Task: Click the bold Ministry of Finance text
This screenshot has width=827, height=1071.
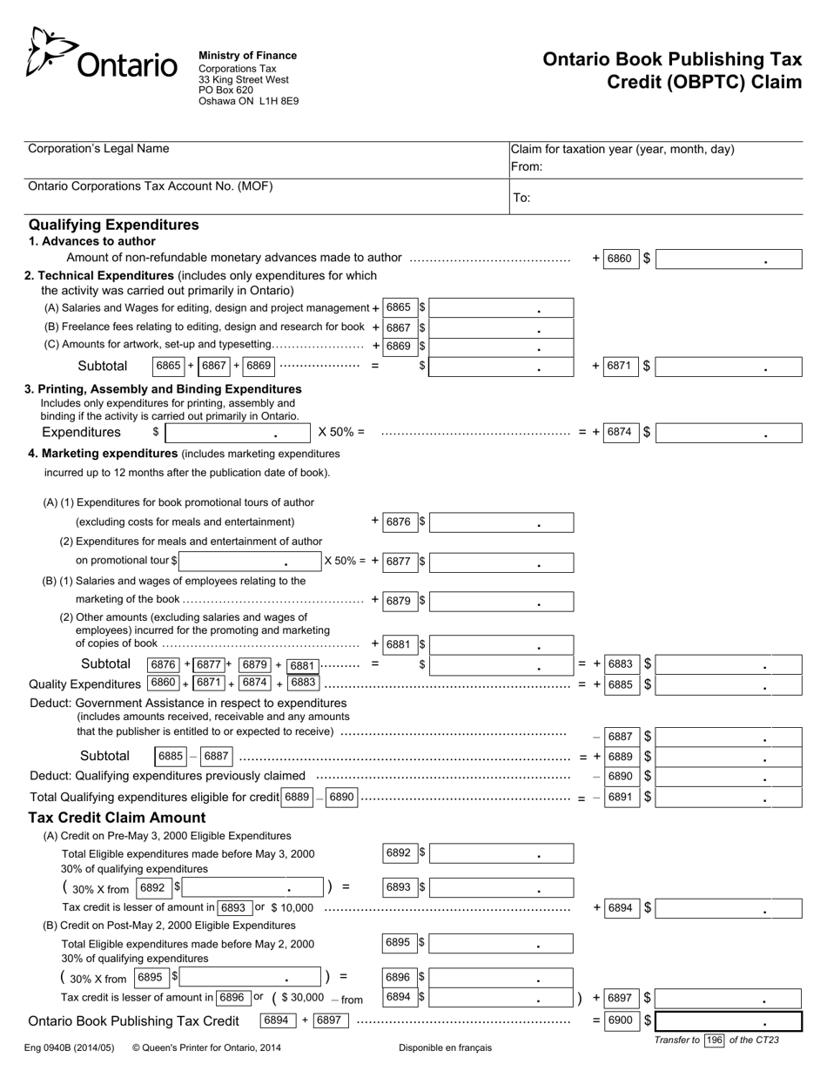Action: pos(247,56)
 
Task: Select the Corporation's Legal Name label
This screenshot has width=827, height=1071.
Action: pos(98,149)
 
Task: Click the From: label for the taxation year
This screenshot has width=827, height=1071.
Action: pos(526,166)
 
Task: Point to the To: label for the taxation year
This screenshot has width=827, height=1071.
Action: pos(521,198)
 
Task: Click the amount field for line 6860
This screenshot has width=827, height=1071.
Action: pos(729,259)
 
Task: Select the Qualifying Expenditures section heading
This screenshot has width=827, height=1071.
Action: pos(113,225)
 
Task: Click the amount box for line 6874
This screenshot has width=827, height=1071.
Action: pos(729,432)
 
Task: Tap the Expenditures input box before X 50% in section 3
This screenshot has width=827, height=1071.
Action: pos(238,432)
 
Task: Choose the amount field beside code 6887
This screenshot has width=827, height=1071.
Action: pos(729,737)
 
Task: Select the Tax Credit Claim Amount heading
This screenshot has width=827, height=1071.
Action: pos(118,818)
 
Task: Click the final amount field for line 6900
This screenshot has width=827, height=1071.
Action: pos(729,1020)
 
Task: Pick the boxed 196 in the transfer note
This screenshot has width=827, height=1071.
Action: pos(715,1040)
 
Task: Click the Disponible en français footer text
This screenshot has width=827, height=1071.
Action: pos(445,1047)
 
